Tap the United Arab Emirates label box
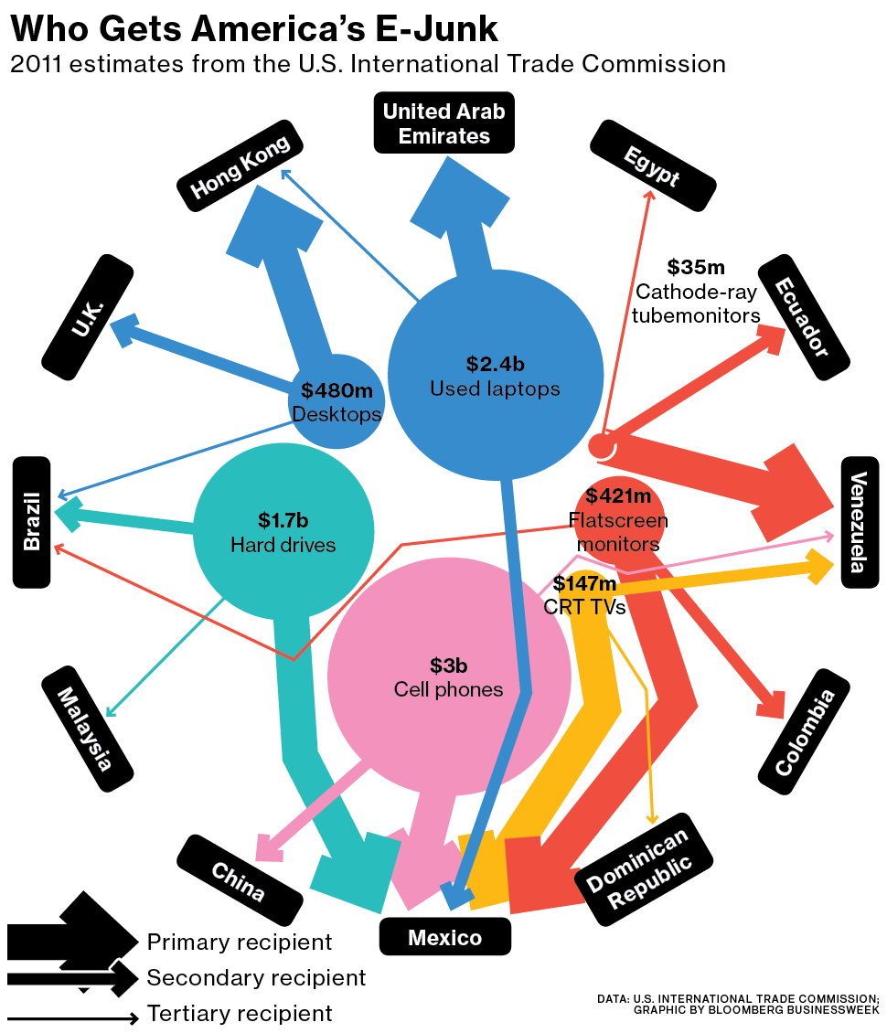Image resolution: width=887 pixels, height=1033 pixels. click(443, 123)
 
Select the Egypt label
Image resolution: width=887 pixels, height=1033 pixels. click(652, 165)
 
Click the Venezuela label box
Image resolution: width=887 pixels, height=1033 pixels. click(859, 522)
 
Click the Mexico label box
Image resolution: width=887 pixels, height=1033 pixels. click(444, 937)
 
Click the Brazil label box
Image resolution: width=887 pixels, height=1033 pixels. click(32, 521)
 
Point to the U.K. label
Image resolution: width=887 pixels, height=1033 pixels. click(89, 316)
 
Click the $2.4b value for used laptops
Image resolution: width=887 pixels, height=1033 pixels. click(495, 364)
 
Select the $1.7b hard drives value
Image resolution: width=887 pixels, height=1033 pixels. click(283, 521)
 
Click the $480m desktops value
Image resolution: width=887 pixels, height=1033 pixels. click(337, 391)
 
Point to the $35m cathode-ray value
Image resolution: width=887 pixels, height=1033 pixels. click(695, 267)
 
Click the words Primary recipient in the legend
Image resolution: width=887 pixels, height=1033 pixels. click(240, 942)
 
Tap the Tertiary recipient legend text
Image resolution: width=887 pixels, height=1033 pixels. click(240, 1013)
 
